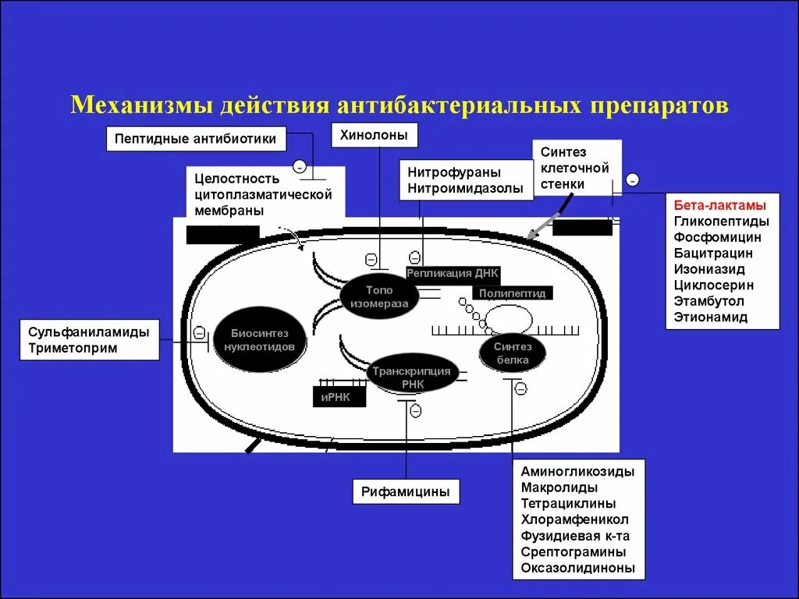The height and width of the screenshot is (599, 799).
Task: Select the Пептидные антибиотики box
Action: (196, 139)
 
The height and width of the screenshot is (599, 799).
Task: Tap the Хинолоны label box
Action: (374, 135)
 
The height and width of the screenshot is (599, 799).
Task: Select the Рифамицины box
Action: (405, 491)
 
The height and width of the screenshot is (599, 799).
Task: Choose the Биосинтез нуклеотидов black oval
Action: (259, 340)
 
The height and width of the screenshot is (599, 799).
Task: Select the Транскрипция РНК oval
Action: (411, 377)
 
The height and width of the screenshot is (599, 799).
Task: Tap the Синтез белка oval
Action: (512, 353)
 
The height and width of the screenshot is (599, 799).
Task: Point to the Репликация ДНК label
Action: (452, 273)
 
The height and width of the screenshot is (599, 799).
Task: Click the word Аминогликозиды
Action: (577, 471)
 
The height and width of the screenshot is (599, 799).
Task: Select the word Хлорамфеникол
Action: (575, 519)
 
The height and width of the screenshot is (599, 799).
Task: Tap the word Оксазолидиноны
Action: (578, 568)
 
